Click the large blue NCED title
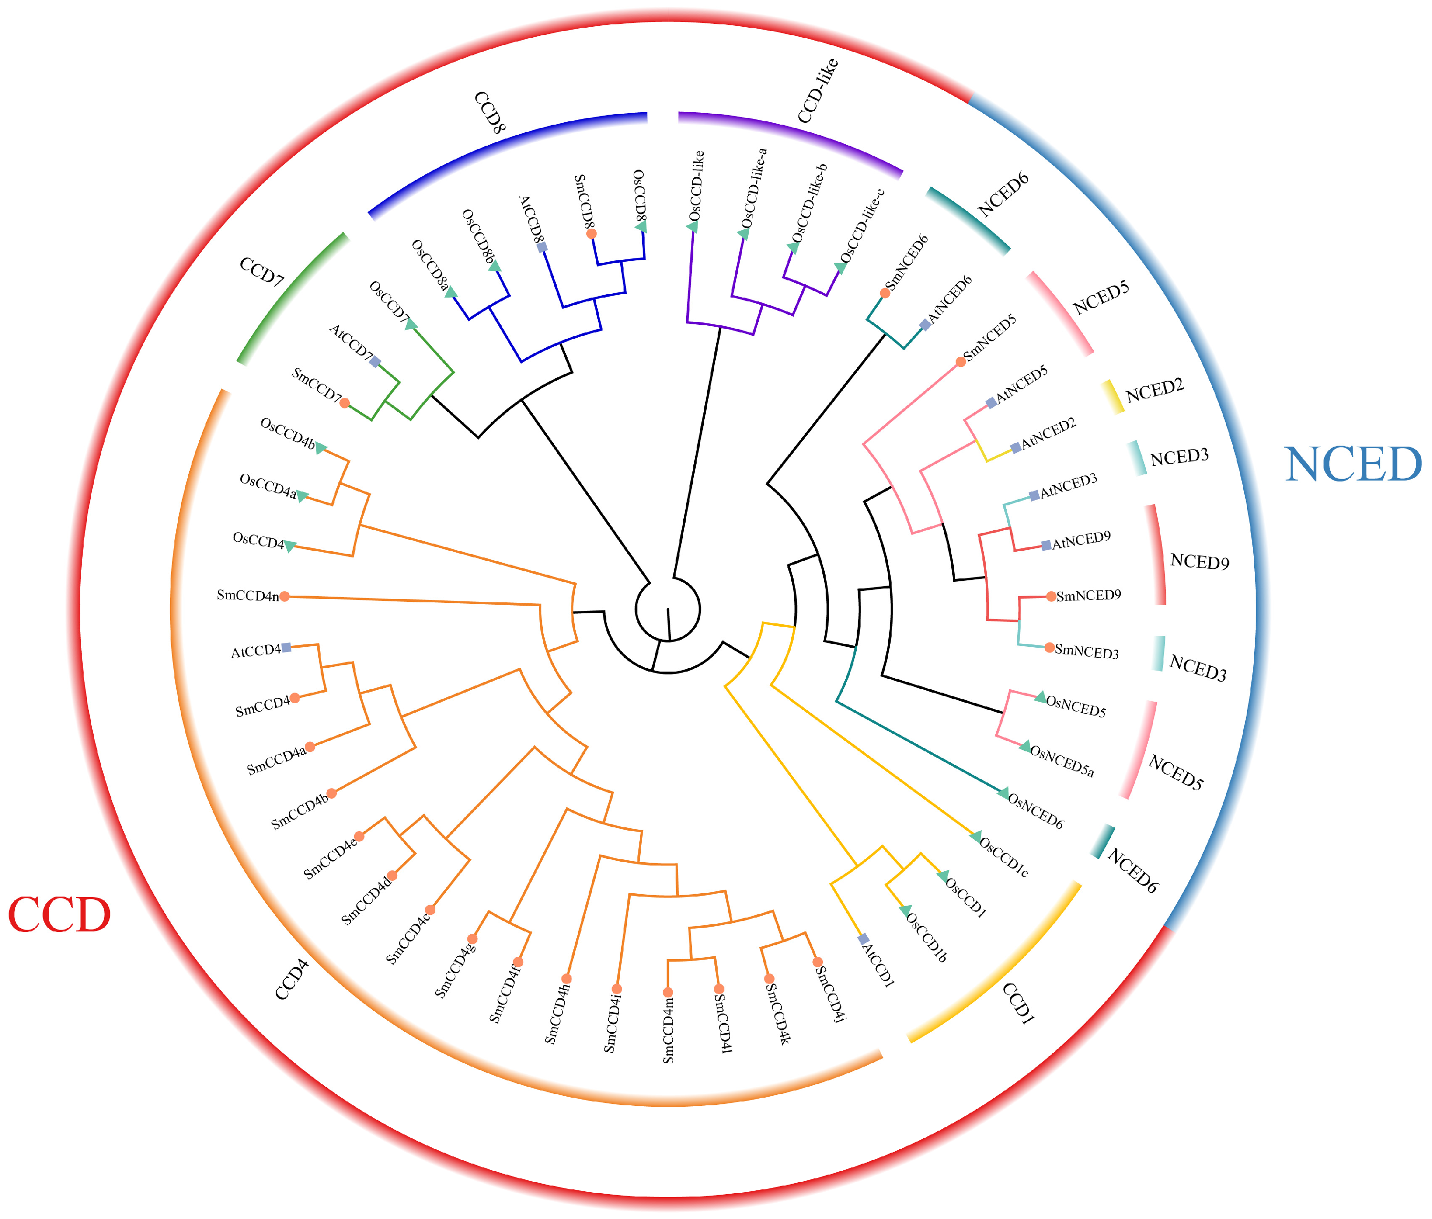point(1353,464)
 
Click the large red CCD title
point(59,915)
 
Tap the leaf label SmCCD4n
point(248,596)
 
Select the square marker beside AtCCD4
point(287,648)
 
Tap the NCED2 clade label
point(1155,391)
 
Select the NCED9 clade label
point(1200,561)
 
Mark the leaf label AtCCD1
point(879,965)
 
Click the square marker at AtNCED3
point(1034,495)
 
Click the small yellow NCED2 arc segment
point(1113,396)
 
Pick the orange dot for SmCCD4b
point(332,793)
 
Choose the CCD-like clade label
point(818,91)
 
